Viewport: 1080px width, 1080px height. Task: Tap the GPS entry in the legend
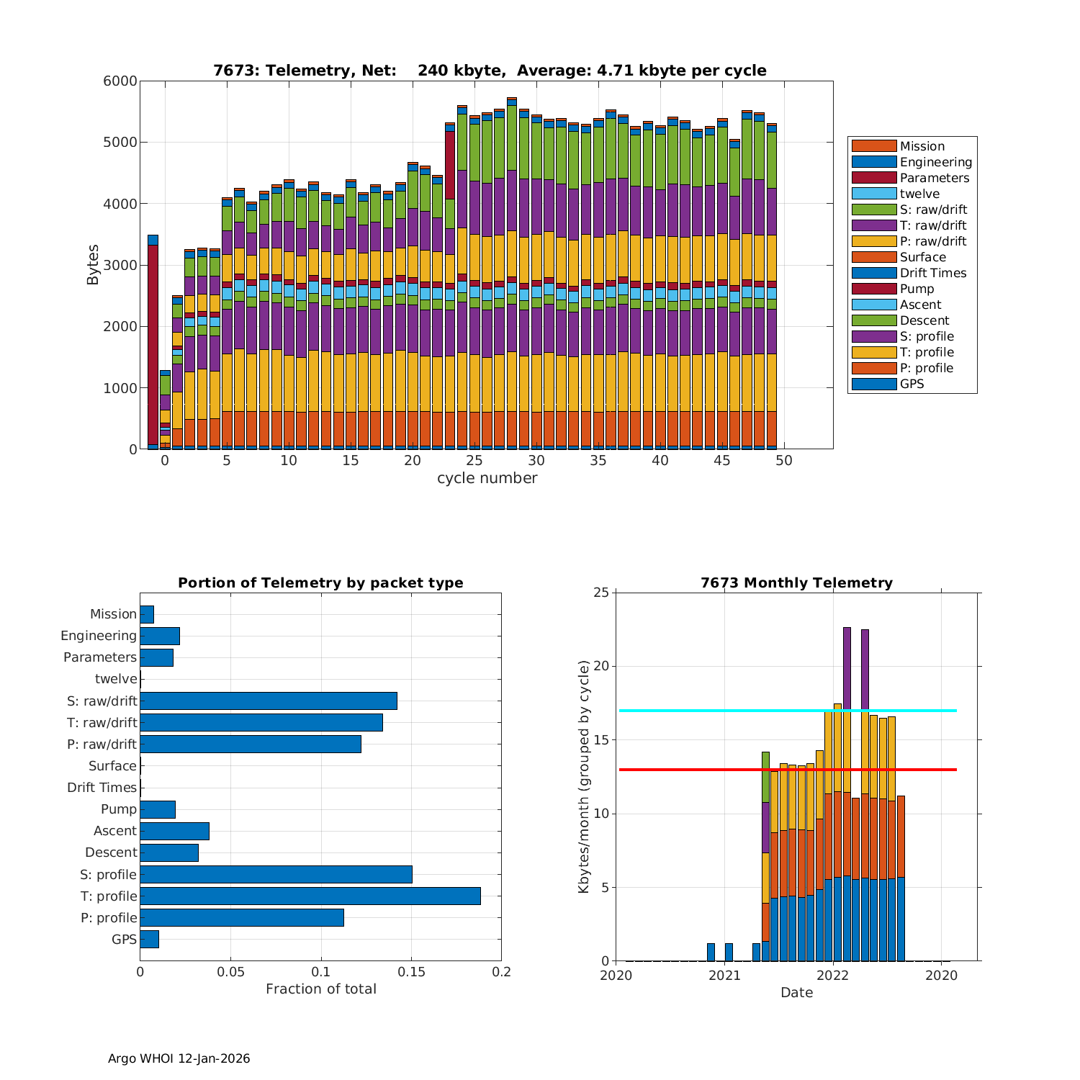coord(912,384)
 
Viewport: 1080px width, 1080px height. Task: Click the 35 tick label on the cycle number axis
coord(598,461)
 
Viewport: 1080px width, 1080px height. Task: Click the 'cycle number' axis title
coord(487,478)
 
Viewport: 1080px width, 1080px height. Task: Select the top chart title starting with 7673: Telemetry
coord(490,71)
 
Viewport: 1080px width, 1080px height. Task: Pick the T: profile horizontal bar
coord(310,896)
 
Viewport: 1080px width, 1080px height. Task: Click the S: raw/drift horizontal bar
coord(269,701)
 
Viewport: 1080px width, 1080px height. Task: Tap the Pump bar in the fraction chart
coord(158,809)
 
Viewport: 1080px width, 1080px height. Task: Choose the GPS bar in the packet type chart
coord(149,939)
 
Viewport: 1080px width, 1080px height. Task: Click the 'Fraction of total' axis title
coord(321,989)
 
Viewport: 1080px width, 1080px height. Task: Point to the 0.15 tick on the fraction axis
coord(411,972)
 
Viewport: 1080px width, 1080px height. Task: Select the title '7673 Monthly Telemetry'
coord(796,583)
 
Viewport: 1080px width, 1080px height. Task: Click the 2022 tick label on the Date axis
coord(833,975)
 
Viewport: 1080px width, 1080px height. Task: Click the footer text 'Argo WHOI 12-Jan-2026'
coord(179,1058)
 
